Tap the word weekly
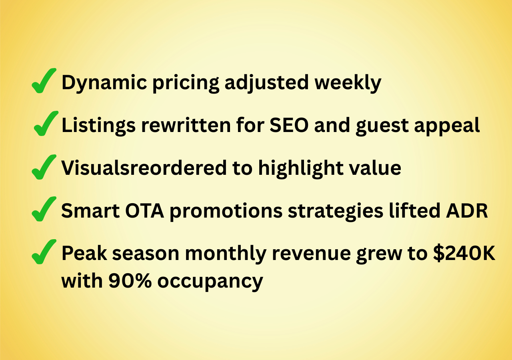pyautogui.click(x=347, y=83)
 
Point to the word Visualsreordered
pyautogui.click(x=143, y=168)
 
